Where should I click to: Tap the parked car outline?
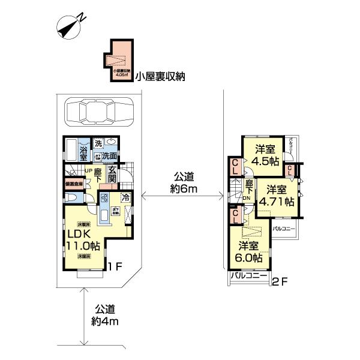coord(98,112)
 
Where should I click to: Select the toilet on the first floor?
coord(71,200)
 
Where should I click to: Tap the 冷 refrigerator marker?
coord(126,197)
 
